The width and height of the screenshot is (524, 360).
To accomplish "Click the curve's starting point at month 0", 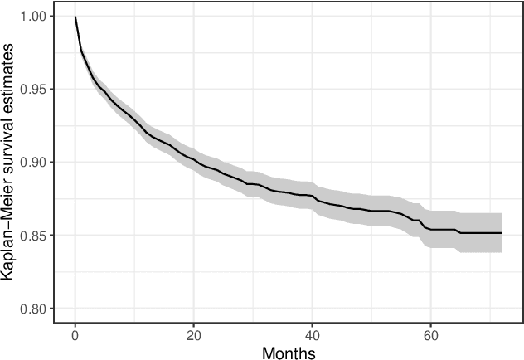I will [x=75, y=17].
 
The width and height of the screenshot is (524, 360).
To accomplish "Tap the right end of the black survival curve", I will [x=502, y=233].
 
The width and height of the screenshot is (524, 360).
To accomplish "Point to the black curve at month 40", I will [x=312, y=197].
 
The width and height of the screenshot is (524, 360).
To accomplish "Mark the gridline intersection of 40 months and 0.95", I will [x=312, y=90].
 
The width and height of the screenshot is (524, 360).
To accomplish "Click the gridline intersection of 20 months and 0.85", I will [x=193, y=236].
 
